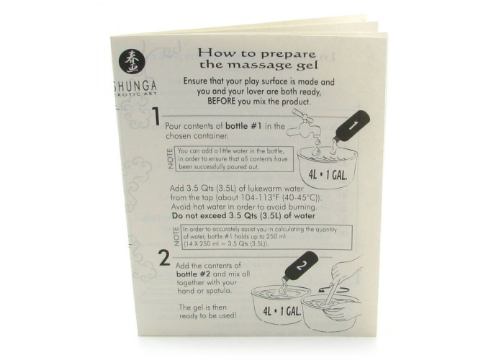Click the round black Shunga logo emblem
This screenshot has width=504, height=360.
132,61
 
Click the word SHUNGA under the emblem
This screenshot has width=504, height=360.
135,86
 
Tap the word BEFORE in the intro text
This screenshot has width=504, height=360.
222,102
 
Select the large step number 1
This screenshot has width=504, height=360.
156,117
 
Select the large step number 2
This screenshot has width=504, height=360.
165,258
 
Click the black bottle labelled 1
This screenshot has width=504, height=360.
351,126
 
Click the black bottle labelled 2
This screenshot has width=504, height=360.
300,266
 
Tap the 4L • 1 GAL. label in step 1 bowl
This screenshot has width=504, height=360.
328,174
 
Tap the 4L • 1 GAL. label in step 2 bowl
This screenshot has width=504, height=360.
282,311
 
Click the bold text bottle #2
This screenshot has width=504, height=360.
193,274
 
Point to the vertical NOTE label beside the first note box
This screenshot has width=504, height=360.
171,158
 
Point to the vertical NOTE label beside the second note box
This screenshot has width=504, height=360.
176,237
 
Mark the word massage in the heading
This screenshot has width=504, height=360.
259,65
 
